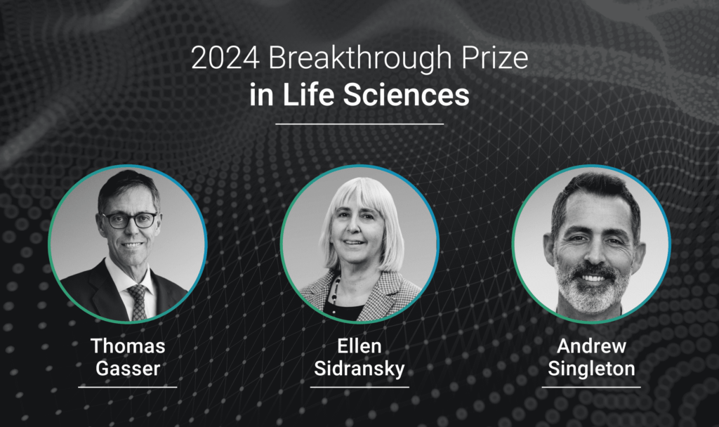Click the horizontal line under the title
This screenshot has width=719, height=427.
pos(359,124)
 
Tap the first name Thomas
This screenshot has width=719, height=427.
pos(127,346)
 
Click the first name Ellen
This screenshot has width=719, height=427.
pos(359,346)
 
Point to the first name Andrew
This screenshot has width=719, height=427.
pos(591,346)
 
